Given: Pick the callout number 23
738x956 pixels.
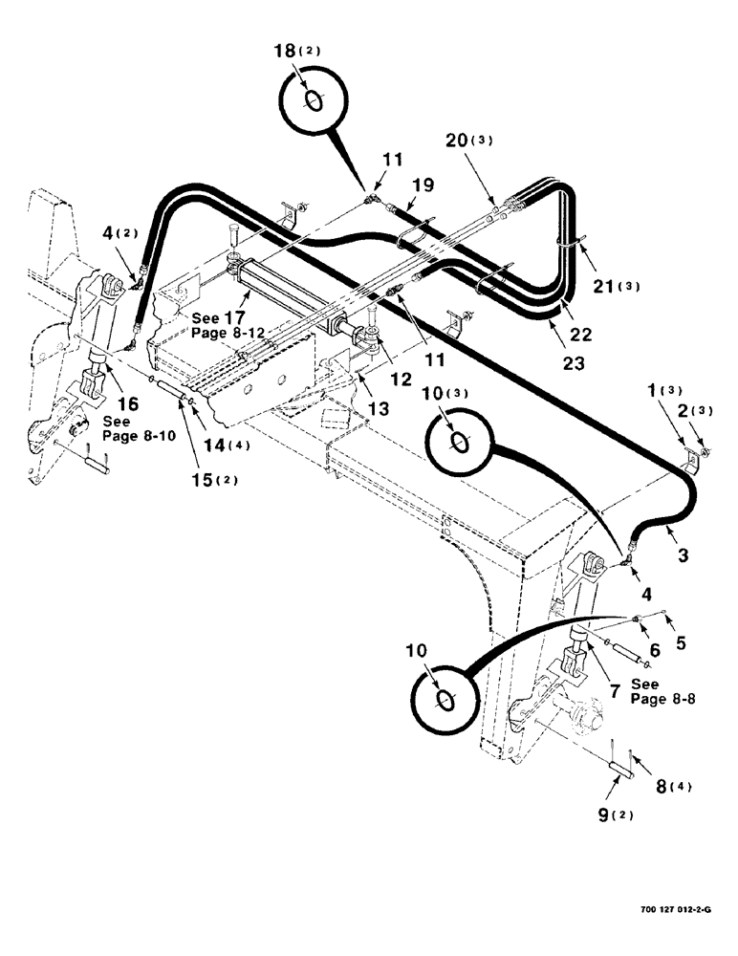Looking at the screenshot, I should pos(572,363).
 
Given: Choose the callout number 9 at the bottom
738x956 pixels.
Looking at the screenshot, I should pos(601,815).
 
